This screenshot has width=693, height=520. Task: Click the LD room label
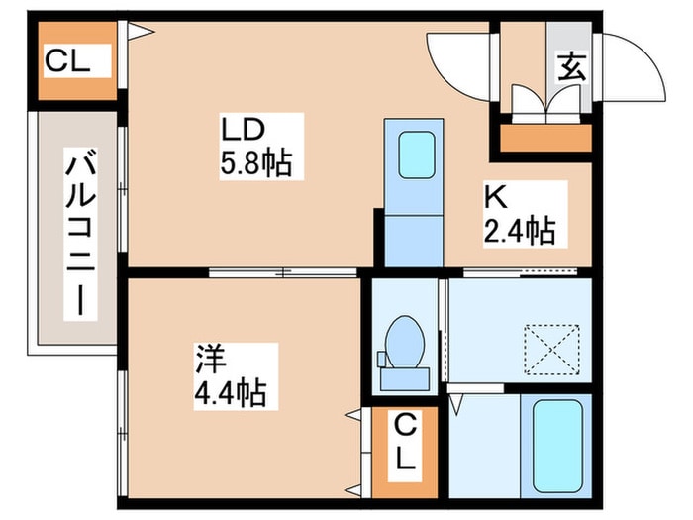(243, 130)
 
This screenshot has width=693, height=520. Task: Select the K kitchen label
(495, 198)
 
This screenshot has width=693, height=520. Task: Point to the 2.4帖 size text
(520, 231)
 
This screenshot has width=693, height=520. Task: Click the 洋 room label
(211, 359)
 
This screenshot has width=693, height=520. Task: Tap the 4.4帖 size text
(231, 392)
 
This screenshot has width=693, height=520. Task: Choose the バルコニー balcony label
(80, 234)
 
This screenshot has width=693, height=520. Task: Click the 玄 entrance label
(572, 67)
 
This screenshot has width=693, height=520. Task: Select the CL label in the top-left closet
(67, 60)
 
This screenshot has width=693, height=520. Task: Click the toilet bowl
(405, 341)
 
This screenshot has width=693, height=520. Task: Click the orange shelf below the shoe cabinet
(545, 138)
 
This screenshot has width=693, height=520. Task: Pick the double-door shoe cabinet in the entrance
(545, 103)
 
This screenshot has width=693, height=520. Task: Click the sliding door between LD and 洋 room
(283, 272)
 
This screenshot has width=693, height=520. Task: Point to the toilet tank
(405, 379)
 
